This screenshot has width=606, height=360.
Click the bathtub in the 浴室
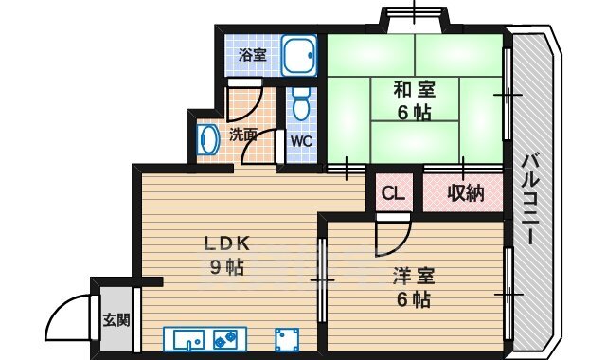299,55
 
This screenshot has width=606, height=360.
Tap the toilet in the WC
301,103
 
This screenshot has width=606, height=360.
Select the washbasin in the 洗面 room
208,139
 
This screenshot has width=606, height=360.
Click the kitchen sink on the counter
188,340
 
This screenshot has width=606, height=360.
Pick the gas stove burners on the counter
225,340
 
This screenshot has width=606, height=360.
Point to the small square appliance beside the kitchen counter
287,340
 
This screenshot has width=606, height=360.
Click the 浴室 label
253,55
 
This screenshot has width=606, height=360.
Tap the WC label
301,141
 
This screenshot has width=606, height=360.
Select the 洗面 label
243,135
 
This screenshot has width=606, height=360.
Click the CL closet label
393,193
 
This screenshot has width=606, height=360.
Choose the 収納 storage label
466,192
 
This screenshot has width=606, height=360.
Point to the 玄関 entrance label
116,320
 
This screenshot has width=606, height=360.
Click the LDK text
227,243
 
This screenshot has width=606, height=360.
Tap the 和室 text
415,89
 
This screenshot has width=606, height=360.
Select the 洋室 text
414,276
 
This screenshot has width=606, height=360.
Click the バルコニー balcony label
532,199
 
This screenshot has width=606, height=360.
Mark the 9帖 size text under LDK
227,267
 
